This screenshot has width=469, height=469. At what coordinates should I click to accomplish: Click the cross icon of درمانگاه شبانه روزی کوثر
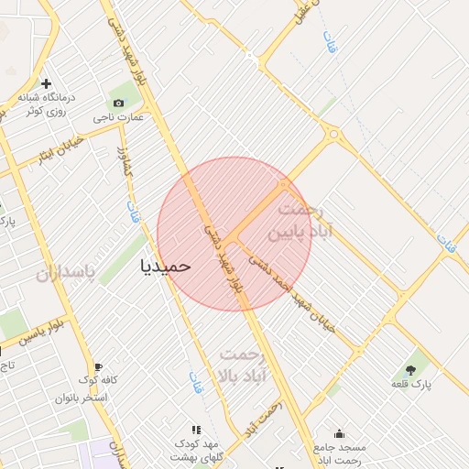pos(46,83)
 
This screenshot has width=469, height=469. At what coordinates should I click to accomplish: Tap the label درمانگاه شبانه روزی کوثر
pos(46,103)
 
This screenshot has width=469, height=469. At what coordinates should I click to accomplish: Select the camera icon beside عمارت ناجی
pos(118,103)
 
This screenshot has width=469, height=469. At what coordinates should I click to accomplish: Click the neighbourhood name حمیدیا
pos(166,265)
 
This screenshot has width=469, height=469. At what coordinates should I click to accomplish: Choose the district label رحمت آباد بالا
pos(239,365)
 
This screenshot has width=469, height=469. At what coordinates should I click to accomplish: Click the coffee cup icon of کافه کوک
pos(98,367)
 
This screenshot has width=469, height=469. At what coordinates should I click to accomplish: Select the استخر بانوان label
pos(82,398)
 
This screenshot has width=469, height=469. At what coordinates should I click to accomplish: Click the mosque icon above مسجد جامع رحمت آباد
pos(340,433)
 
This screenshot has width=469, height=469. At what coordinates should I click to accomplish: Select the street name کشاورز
pos(126,165)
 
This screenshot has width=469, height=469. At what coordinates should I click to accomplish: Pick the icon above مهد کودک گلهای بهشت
pos(194,429)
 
